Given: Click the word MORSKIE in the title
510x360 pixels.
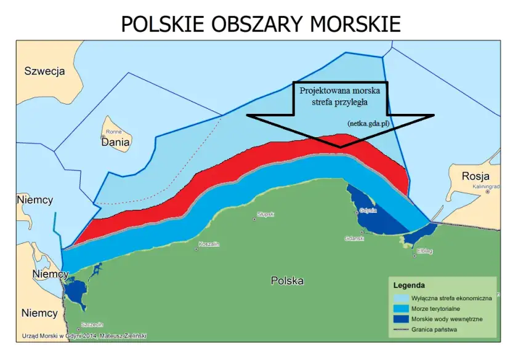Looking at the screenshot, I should coord(355,23).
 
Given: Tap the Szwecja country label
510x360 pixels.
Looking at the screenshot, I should coord(44,71).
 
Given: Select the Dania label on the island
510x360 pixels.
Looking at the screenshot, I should coord(116,142).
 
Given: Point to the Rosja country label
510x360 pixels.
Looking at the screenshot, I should coord(476,177).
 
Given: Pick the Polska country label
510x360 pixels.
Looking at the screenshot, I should coord(287,281).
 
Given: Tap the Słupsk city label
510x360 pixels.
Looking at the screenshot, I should coord(265,214).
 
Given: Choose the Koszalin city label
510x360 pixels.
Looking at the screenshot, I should coord(209,244).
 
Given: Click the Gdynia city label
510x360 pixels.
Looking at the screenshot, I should coord(368,210).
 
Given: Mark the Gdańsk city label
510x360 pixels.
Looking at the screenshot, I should coord(355,238).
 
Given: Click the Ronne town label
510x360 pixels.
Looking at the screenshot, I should coord(114,132).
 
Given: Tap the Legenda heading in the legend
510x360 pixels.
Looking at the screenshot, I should coord(409,286).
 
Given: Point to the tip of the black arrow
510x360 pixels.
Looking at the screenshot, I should coord(341,148).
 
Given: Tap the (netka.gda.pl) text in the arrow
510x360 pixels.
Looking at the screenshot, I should coord(368,123).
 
